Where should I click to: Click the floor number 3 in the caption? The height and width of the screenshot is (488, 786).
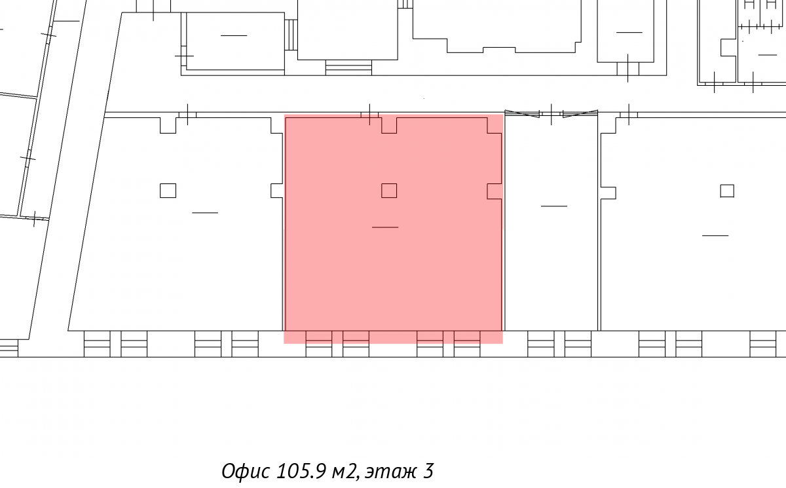(428, 471)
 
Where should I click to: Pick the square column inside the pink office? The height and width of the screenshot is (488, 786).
(389, 191)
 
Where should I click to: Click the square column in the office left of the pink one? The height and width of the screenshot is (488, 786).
(168, 191)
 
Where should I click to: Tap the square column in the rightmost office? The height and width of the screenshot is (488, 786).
(727, 191)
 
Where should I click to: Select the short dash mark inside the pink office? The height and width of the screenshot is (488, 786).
(385, 227)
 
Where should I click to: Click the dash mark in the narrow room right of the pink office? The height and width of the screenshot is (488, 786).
(554, 206)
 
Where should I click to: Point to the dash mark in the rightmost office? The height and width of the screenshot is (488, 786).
(715, 235)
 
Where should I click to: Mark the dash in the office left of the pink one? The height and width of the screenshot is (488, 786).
(205, 213)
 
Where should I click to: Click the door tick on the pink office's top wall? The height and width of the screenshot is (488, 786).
(369, 115)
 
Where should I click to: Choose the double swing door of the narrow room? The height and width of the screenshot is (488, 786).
(552, 114)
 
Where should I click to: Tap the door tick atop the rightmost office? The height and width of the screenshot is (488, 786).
(629, 115)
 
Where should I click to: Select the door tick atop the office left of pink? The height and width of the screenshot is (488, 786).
(187, 115)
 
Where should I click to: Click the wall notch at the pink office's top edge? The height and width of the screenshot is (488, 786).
(389, 126)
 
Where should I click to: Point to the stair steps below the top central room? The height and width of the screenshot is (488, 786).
(348, 67)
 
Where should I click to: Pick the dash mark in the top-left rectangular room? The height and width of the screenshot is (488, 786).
(234, 35)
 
